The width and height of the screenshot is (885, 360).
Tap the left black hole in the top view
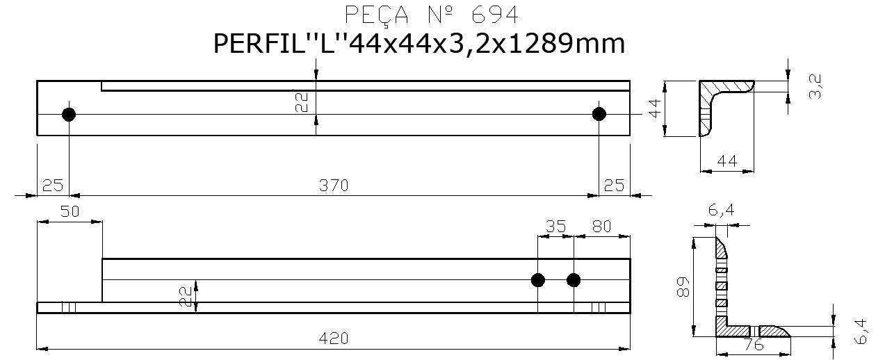[69, 114]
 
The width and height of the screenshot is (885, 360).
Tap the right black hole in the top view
[599, 114]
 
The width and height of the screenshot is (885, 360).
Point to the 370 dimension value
[333, 186]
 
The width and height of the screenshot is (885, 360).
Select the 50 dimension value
[69, 212]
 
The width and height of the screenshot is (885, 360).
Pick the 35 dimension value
[555, 226]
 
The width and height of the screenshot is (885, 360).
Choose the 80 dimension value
[602, 226]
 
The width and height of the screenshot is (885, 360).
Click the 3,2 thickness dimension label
[815, 88]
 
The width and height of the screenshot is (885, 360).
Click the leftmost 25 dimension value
[53, 186]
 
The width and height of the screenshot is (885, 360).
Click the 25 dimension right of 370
[614, 186]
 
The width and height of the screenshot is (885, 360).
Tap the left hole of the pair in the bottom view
[537, 280]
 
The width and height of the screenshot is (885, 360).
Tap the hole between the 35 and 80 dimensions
[574, 280]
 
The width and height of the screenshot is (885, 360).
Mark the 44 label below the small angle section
[726, 161]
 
